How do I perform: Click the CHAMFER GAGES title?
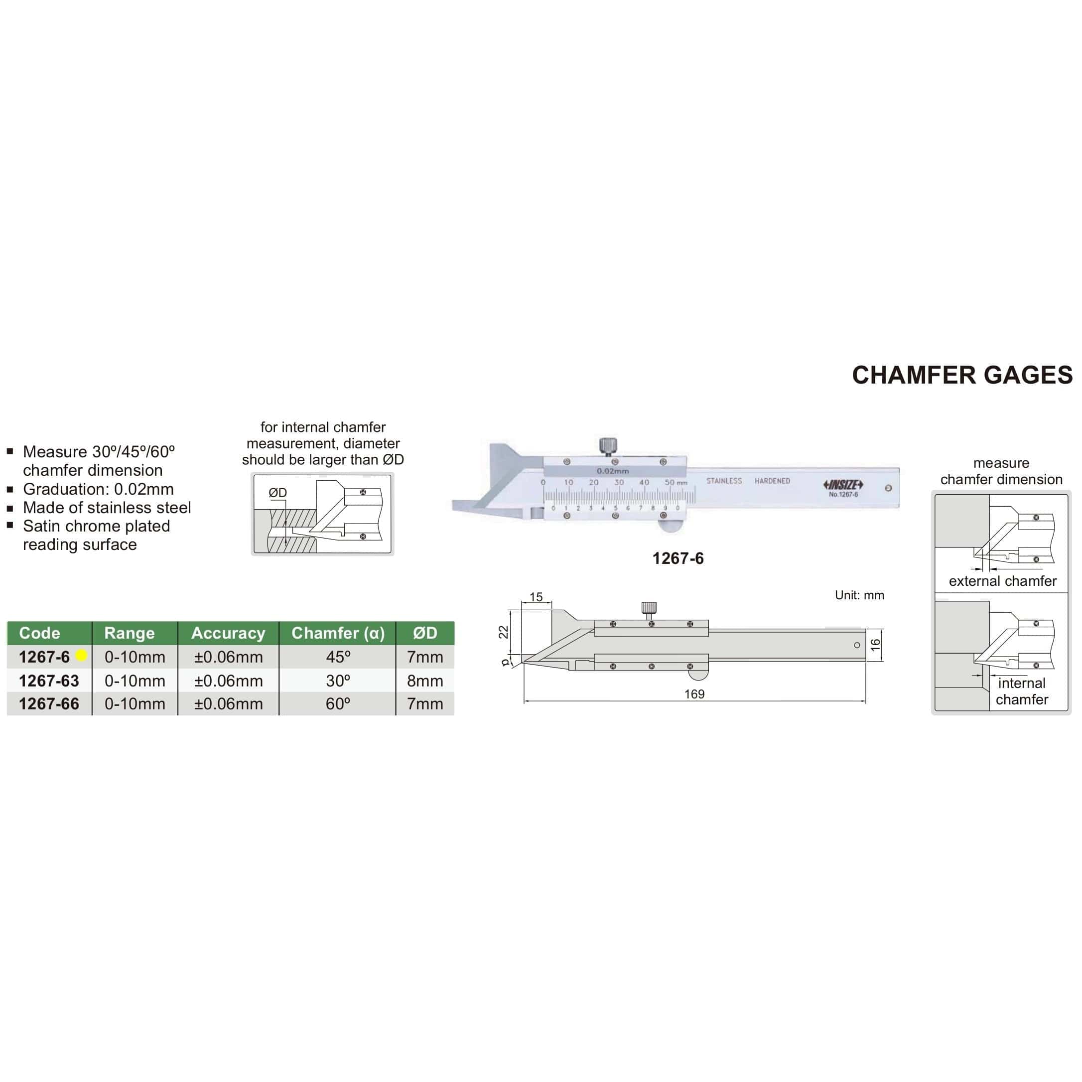pos(961,375)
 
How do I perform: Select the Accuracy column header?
pos(228,633)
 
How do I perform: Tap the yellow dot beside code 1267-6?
pos(81,655)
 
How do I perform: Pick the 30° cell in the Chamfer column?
pos(338,680)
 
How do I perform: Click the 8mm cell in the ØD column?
pos(424,680)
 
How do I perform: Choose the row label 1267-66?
pos(49,704)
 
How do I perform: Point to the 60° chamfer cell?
pos(338,704)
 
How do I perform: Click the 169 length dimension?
pos(694,694)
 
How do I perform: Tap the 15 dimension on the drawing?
pos(536,597)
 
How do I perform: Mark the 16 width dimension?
pos(876,645)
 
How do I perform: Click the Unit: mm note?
pos(859,595)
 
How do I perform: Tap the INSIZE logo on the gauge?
pos(843,485)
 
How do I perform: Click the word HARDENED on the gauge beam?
pos(772,481)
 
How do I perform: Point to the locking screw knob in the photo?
pos(608,446)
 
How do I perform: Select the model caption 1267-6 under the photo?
pos(677,558)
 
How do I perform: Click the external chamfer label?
pos(1002,581)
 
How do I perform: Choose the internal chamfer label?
pos(1022,691)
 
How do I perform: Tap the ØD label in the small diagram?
pos(278,493)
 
